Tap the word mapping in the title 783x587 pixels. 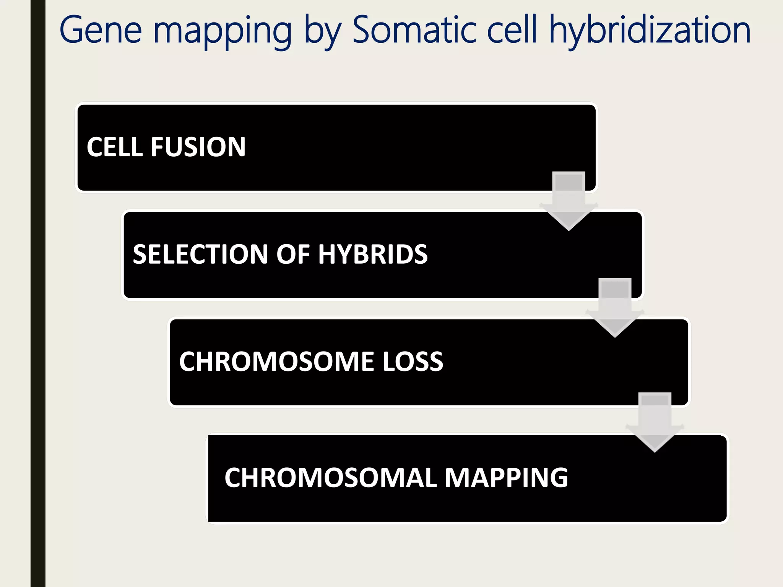click(223, 32)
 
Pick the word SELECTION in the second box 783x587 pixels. click(200, 255)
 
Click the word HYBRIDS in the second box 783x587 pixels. click(372, 255)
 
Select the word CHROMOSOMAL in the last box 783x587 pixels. click(331, 478)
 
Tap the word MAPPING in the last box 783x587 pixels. click(506, 478)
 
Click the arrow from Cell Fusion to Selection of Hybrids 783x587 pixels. click(569, 201)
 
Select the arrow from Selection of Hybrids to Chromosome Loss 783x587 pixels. click(615, 308)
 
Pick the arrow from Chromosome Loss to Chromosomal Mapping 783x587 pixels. click(655, 422)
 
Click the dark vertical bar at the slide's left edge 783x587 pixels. click(38, 293)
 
